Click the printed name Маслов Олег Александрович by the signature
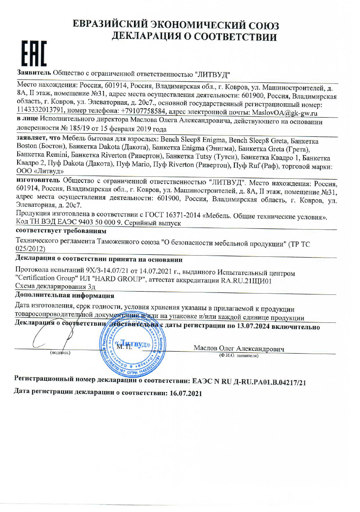pos(239,348)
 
